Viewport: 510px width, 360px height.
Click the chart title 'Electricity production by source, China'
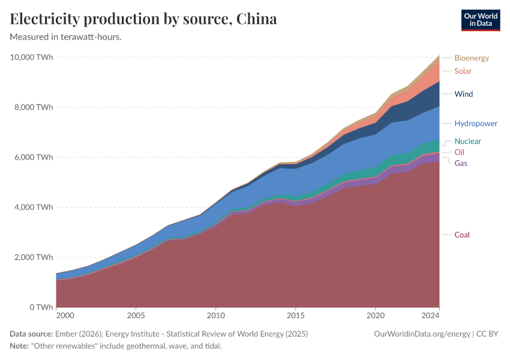(143, 19)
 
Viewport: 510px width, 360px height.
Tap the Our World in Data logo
(480, 20)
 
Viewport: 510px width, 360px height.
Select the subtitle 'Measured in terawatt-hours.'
(66, 37)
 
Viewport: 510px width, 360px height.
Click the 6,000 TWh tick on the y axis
(34, 157)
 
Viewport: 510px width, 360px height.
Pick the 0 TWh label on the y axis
(40, 307)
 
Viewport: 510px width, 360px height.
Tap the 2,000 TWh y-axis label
(34, 257)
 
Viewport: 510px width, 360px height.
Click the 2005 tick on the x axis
(136, 315)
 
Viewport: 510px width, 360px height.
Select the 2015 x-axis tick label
(295, 315)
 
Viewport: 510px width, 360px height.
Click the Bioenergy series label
(472, 58)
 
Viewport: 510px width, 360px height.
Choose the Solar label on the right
(463, 71)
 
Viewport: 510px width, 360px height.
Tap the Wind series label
(464, 94)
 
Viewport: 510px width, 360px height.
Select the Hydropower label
(476, 124)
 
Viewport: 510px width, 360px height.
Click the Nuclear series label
(467, 142)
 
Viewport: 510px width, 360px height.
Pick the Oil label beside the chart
(459, 152)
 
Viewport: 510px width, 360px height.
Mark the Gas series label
(461, 163)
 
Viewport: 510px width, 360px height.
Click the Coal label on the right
(462, 235)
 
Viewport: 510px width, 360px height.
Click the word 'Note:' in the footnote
(20, 346)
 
